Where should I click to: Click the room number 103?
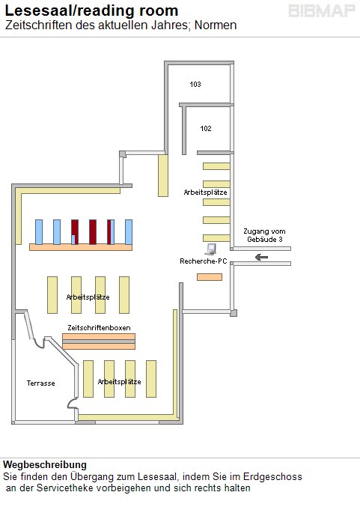[x=195, y=84]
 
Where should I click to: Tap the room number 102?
[x=206, y=129]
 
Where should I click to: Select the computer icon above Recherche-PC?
[x=210, y=249]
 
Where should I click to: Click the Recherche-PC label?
[x=204, y=261]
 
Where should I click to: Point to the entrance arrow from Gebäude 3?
[x=261, y=258]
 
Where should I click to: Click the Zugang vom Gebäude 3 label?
[x=264, y=235]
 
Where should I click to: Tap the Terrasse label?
[x=41, y=383]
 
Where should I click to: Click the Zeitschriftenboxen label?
[x=99, y=327]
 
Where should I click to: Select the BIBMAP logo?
[x=322, y=11]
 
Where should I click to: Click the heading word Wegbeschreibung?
[x=45, y=464]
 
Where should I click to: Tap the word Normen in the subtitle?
[x=216, y=25]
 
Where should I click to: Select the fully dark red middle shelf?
[x=93, y=232]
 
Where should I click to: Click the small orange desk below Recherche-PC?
[x=210, y=277]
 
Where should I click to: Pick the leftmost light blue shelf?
[x=39, y=232]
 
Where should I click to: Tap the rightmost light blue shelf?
[x=129, y=232]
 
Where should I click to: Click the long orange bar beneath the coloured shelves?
[x=81, y=247]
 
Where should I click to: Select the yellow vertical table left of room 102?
[x=163, y=176]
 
